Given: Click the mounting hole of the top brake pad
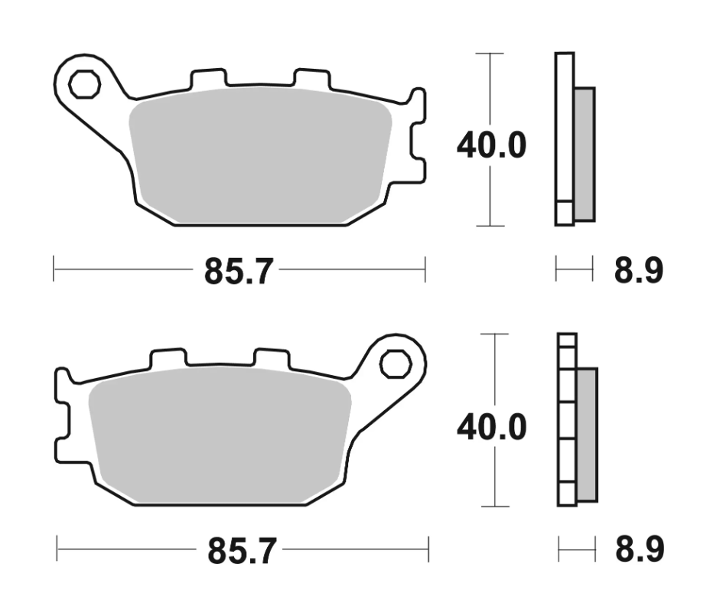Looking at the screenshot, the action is [x=85, y=84].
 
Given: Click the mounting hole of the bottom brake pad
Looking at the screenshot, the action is [x=396, y=364].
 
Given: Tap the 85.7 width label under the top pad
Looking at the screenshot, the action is [x=239, y=271].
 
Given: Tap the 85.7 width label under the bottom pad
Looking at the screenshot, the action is [x=242, y=551].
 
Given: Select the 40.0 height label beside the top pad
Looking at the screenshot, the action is [x=491, y=145].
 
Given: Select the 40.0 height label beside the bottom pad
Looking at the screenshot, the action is [x=492, y=427].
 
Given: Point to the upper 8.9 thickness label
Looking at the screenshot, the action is [x=638, y=270].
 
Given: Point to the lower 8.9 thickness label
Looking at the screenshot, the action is [x=640, y=549].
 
